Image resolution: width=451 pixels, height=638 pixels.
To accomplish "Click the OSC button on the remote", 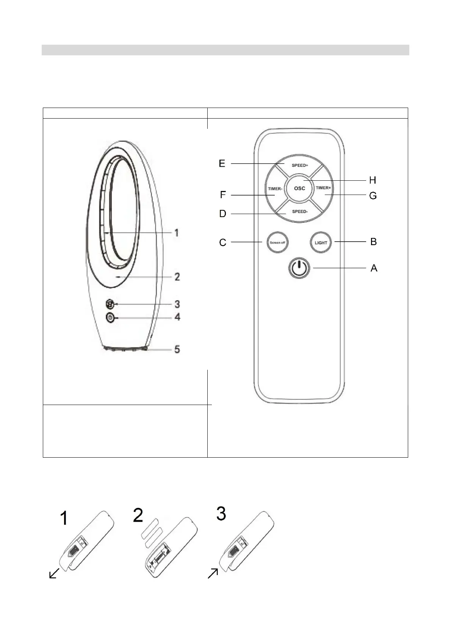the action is [x=299, y=188].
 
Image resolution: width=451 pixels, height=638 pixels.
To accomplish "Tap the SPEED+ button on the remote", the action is [x=299, y=165].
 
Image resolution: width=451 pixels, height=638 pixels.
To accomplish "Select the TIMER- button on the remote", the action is [x=275, y=188].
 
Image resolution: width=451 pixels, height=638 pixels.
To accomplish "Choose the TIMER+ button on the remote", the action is [x=323, y=188].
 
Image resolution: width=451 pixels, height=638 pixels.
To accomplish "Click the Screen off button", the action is [x=277, y=242].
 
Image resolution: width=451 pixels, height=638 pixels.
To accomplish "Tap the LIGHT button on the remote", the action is [x=321, y=242].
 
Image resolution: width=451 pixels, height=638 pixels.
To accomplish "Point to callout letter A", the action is [x=374, y=268].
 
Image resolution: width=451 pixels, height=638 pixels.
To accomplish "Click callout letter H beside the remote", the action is [x=373, y=180].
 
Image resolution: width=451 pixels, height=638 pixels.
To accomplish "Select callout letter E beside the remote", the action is [x=222, y=163].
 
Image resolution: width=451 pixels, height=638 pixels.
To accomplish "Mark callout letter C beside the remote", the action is [x=223, y=242].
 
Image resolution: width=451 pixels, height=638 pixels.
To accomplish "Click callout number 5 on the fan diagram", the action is [x=177, y=349].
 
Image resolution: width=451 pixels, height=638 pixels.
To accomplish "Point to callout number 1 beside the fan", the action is [x=176, y=232].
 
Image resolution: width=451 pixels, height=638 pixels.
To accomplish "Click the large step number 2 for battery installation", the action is [x=138, y=516].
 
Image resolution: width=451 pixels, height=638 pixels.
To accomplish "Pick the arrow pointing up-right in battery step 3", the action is [x=213, y=574].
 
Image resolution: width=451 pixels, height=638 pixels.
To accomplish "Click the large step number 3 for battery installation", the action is [x=221, y=513].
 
